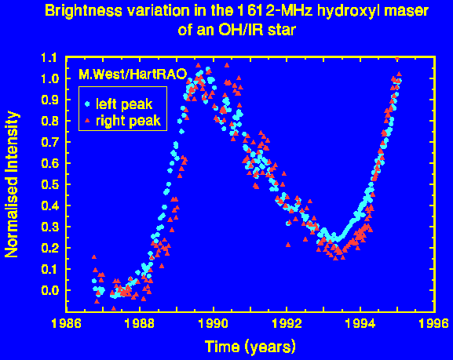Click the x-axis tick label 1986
[x=66, y=324]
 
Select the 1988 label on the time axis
[x=140, y=324]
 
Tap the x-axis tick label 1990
[x=214, y=324]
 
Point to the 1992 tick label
[x=287, y=324]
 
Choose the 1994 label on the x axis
[x=360, y=324]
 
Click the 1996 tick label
[x=434, y=324]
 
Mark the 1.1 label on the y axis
[x=50, y=58]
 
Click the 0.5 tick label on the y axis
[x=50, y=184]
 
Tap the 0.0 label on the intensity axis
[x=50, y=290]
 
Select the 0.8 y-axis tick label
[x=50, y=121]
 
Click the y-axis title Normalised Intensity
[x=12, y=184]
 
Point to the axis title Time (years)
[x=250, y=347]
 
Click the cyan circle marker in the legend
[x=87, y=104]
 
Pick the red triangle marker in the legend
[x=87, y=120]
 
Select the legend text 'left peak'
[x=124, y=104]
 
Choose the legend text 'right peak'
[x=128, y=121]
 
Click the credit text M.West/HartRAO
[x=133, y=75]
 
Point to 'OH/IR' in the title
[x=240, y=30]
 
